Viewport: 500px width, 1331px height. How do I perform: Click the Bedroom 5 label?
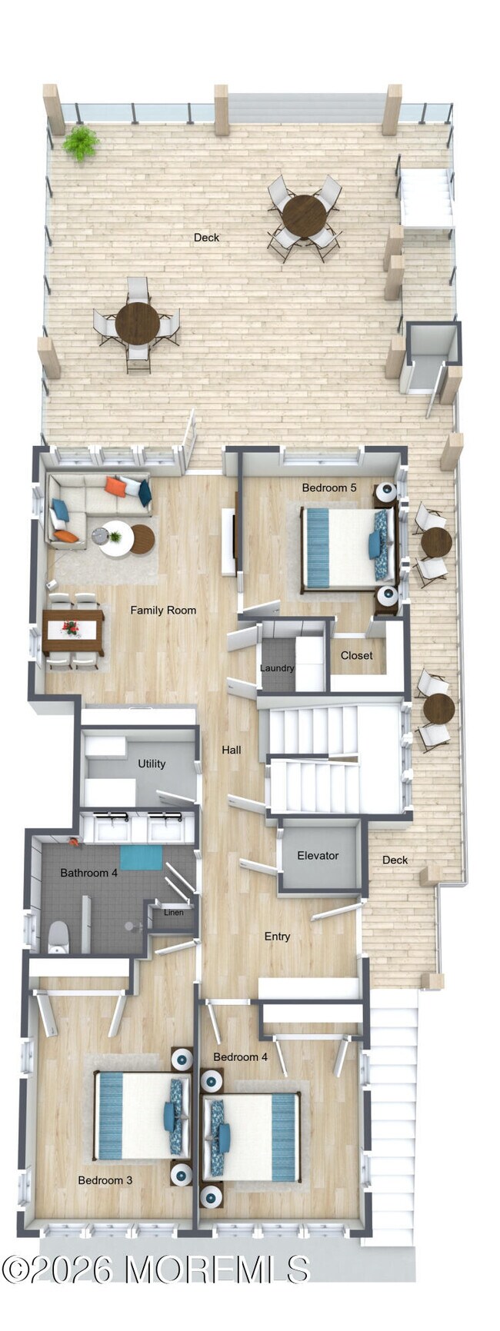[x=328, y=487]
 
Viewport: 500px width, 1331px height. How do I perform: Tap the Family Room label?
[x=163, y=610]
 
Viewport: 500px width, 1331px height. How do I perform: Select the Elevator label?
[x=318, y=855]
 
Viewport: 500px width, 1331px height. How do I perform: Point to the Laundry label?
[x=277, y=667]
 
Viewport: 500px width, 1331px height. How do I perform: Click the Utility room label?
[x=152, y=764]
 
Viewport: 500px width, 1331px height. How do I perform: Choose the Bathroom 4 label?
[x=89, y=873]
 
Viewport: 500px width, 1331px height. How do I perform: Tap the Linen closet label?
[x=174, y=912]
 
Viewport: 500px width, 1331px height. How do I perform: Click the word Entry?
[x=277, y=936]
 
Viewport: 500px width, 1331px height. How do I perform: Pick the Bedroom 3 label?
[x=105, y=1180]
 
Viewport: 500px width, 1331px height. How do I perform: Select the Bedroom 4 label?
[x=241, y=1056]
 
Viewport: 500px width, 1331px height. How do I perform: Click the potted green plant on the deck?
[x=80, y=142]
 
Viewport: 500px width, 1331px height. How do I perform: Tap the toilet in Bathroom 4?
[x=58, y=937]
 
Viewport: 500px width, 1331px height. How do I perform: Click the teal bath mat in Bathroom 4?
[x=141, y=857]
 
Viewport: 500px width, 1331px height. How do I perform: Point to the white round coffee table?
[x=116, y=537]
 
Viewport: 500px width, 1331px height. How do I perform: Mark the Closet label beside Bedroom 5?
[x=356, y=655]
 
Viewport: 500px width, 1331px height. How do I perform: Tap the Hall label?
[x=232, y=750]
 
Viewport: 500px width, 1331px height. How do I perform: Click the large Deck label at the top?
[x=206, y=238]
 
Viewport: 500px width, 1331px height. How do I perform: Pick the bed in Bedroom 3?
[x=138, y=1115]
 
